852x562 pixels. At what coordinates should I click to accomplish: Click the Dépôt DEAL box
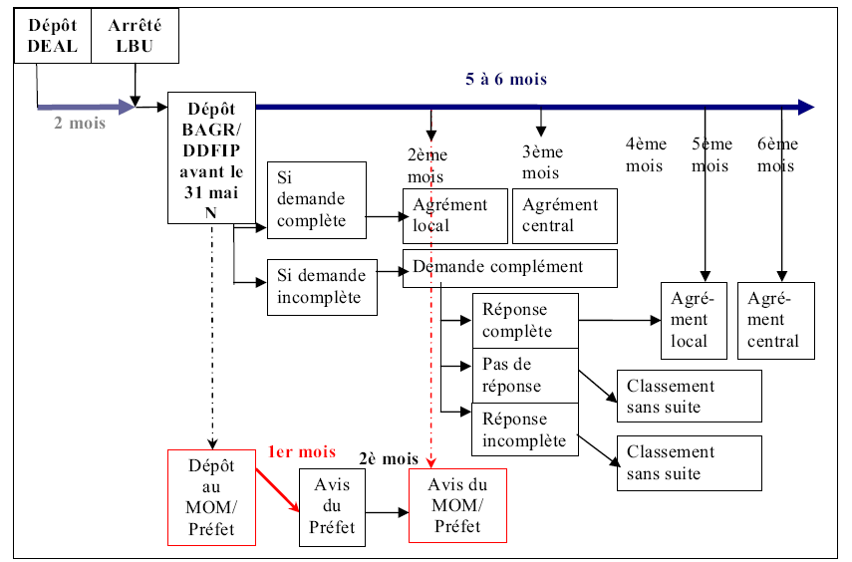(x=53, y=37)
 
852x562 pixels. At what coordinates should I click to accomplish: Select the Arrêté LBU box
(x=136, y=37)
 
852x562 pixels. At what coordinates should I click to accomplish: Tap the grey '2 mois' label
(x=80, y=124)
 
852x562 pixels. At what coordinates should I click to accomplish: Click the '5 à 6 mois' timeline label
(x=506, y=79)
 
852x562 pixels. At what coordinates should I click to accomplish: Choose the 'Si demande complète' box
(x=317, y=199)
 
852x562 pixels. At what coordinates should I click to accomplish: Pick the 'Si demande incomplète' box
(x=322, y=286)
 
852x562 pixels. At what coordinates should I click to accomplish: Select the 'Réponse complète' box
(x=524, y=321)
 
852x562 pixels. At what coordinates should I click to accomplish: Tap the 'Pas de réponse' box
(x=524, y=375)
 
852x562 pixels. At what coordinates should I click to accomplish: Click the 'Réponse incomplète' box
(x=524, y=428)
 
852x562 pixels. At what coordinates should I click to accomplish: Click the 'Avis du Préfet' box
(x=332, y=507)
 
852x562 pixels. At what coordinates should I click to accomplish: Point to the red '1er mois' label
(x=301, y=451)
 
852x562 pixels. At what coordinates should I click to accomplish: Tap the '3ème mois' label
(x=541, y=162)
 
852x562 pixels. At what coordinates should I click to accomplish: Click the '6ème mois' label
(x=776, y=154)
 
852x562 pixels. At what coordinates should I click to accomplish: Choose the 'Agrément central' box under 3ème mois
(x=565, y=215)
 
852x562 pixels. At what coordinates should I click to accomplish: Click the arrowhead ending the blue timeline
(x=806, y=108)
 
